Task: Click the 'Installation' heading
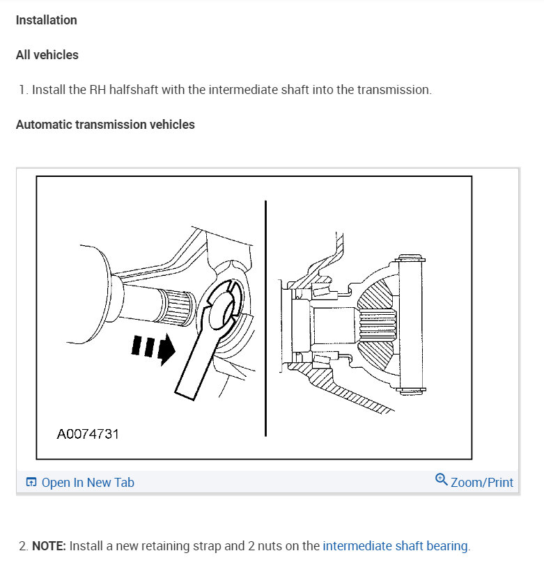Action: (x=46, y=20)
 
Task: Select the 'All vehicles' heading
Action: (x=47, y=55)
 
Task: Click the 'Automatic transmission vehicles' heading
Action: (x=105, y=125)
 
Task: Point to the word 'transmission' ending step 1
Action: (x=394, y=90)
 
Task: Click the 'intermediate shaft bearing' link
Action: (x=396, y=546)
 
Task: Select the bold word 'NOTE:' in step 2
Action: (x=49, y=546)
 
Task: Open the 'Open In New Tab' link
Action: (x=88, y=483)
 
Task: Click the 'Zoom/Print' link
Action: (x=481, y=483)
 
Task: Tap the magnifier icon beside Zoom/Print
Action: (x=441, y=480)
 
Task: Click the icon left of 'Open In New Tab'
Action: (x=31, y=483)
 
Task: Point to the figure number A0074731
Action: (x=88, y=434)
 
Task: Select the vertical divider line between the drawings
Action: (x=265, y=317)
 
